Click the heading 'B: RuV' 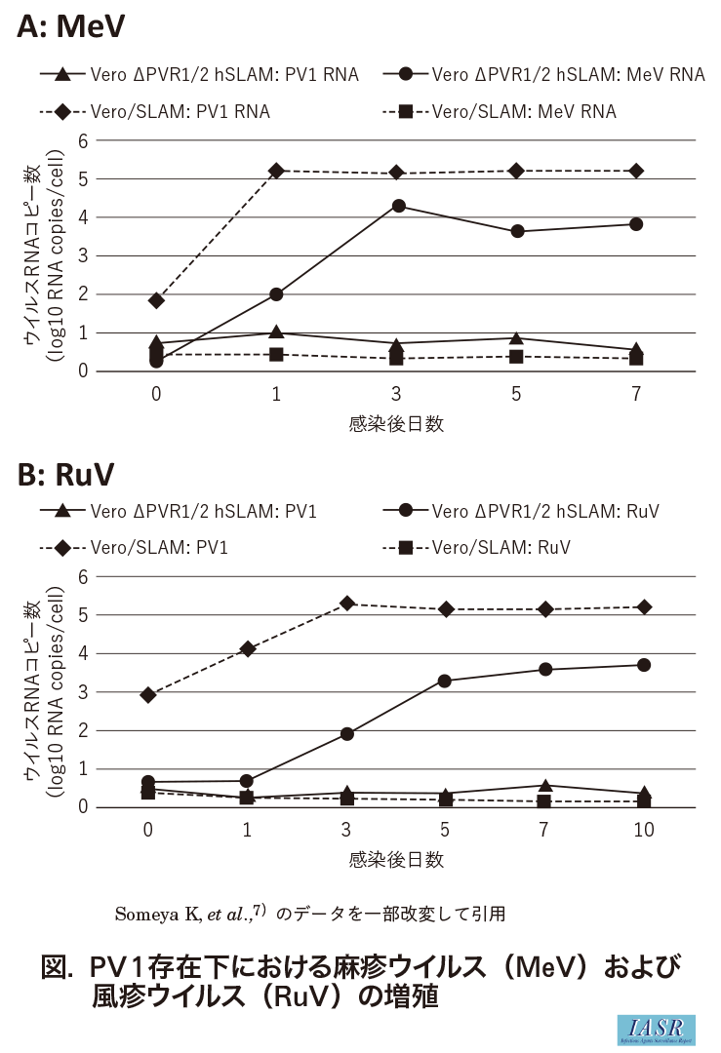[x=66, y=475]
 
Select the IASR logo [x=656, y=1030]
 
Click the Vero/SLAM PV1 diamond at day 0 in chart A [x=156, y=300]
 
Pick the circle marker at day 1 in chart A [x=276, y=293]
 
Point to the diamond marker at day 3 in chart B [x=346, y=604]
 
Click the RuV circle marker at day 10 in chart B [x=644, y=665]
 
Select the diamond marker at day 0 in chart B [x=148, y=695]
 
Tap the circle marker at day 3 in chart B [x=346, y=733]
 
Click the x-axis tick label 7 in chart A [x=636, y=395]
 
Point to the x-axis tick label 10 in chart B [x=644, y=831]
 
